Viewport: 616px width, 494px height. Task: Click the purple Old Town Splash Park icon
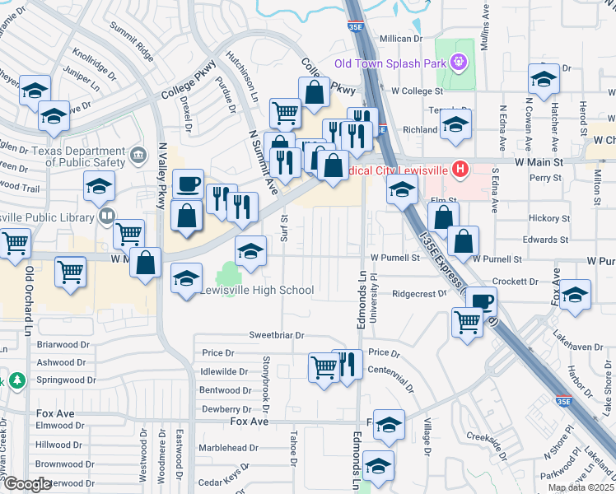[460, 63]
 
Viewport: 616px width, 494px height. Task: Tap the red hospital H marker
[460, 170]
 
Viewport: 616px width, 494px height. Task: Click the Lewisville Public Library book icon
[106, 217]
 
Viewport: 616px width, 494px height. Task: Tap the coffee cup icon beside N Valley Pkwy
[188, 182]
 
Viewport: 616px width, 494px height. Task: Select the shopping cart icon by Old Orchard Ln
[71, 270]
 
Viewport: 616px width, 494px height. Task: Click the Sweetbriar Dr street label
[278, 336]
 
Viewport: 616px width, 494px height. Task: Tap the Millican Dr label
[400, 39]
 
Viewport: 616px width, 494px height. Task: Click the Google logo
[27, 484]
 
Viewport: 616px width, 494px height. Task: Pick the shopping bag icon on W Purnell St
[464, 240]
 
